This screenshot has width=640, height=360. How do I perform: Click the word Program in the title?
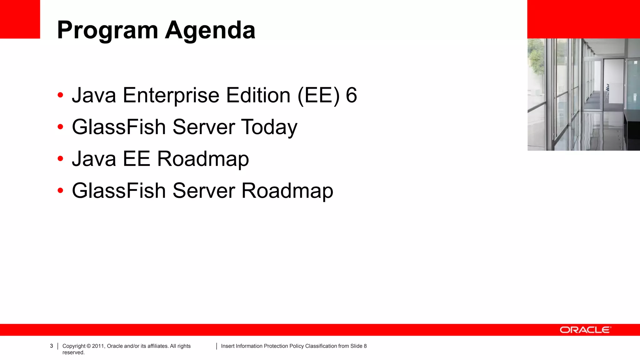(x=107, y=31)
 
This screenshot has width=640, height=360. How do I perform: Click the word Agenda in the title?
(x=210, y=31)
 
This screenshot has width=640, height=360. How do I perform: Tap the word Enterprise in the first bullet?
(x=171, y=95)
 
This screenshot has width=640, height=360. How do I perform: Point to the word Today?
(x=269, y=127)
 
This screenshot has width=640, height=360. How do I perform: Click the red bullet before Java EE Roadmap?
(x=60, y=159)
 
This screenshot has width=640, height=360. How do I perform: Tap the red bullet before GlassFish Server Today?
(x=60, y=127)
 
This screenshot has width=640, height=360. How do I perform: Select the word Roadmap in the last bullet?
(x=287, y=191)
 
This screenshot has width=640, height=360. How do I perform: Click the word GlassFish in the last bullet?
(x=119, y=191)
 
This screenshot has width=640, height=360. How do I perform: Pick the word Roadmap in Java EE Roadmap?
(x=203, y=159)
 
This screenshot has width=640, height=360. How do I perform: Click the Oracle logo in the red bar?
(x=585, y=330)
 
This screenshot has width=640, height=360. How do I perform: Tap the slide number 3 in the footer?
(x=52, y=346)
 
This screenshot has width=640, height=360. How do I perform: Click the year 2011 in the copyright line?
(x=98, y=346)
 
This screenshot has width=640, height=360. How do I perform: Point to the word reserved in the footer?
(x=73, y=352)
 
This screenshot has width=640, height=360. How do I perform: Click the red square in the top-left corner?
(x=20, y=19)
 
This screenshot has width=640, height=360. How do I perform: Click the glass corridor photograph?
(x=583, y=94)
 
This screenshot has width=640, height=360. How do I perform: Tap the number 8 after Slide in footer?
(x=365, y=346)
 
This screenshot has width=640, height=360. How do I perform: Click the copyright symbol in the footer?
(x=89, y=346)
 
